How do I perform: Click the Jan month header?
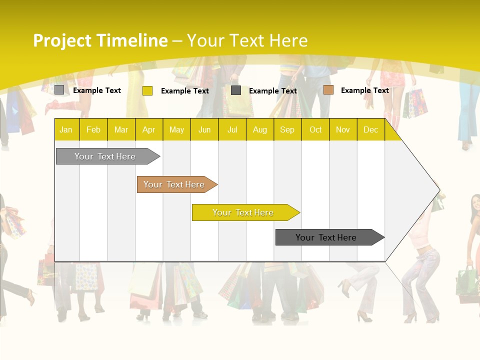click(x=66, y=129)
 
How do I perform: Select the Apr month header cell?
click(x=149, y=129)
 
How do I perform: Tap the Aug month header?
click(x=259, y=129)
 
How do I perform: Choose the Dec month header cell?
click(x=370, y=129)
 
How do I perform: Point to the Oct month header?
click(x=315, y=129)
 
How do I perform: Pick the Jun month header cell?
click(x=204, y=129)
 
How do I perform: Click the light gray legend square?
click(x=59, y=90)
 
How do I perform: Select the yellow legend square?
click(x=147, y=90)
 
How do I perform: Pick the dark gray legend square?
click(x=236, y=90)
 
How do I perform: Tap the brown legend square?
click(x=328, y=90)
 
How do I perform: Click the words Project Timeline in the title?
click(x=100, y=40)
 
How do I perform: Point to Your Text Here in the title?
click(x=247, y=40)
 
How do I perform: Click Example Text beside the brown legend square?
click(x=364, y=90)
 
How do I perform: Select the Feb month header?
click(x=93, y=129)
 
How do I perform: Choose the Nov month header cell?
click(x=342, y=129)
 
